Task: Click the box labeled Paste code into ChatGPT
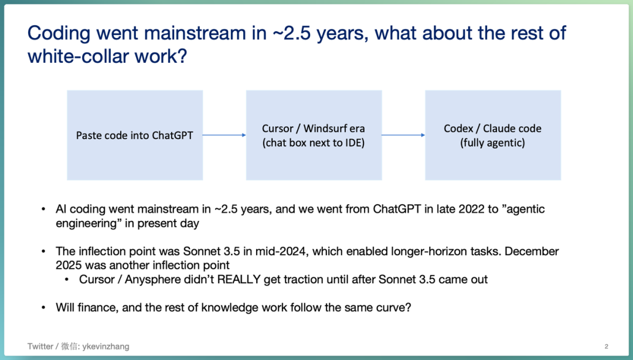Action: (135, 135)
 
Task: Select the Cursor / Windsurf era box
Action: (314, 135)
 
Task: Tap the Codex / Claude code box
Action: (493, 135)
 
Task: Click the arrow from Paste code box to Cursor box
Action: (224, 135)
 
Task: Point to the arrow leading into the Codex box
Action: (403, 135)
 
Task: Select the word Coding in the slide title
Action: (59, 34)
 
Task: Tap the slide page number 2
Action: (607, 347)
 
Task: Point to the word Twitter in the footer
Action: (40, 347)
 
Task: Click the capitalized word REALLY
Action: (239, 279)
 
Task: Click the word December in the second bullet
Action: (532, 252)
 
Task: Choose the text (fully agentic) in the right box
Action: (492, 142)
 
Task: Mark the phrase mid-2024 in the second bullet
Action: (281, 252)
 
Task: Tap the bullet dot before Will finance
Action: (43, 308)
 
